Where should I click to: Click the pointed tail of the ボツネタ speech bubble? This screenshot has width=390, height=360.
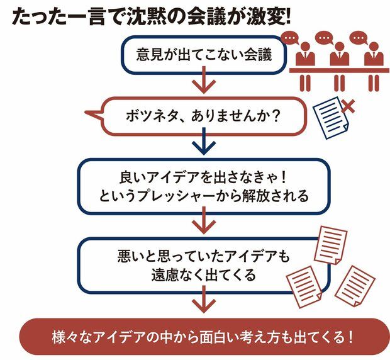[91, 115]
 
